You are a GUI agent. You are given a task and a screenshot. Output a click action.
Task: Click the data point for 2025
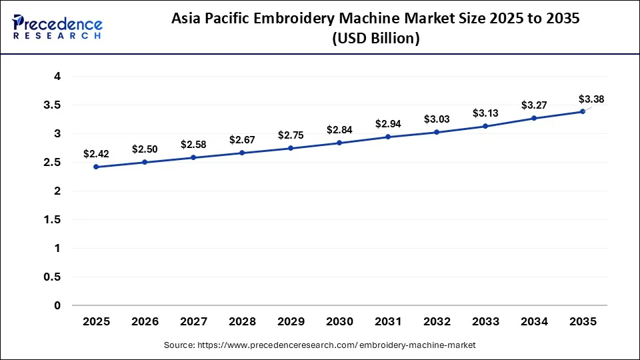point(96,167)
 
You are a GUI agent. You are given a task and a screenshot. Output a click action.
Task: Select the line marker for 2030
point(339,143)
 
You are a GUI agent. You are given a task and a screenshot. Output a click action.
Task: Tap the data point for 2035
point(583,111)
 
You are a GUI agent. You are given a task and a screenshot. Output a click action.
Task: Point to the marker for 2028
point(242,153)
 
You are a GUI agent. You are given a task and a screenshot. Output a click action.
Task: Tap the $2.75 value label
point(291,135)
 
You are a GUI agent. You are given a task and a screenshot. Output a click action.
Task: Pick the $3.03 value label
point(437,119)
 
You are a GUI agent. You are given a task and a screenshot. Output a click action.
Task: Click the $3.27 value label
point(534,105)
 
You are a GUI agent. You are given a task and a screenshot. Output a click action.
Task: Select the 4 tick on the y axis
point(57,77)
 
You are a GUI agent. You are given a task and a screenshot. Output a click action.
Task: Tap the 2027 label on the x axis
point(193,321)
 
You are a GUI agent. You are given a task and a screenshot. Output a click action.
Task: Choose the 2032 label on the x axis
point(437,321)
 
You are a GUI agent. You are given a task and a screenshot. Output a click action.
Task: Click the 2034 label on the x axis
point(534,321)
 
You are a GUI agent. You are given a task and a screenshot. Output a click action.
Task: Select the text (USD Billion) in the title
point(376,39)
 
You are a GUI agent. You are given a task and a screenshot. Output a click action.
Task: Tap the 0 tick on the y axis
point(57,305)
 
